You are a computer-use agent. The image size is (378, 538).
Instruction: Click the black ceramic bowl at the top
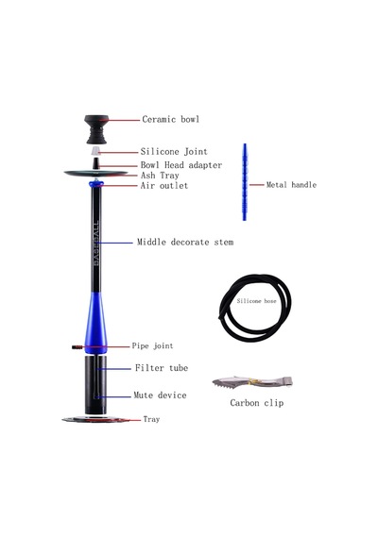point(96,129)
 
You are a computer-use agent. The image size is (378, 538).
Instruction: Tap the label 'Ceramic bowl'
point(171,120)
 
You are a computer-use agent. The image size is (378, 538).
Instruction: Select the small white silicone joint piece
point(95,151)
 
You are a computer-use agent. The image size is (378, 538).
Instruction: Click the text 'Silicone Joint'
point(174,152)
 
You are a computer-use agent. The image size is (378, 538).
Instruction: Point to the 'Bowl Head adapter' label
point(181,165)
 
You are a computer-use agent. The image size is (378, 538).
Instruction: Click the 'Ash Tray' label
point(160,176)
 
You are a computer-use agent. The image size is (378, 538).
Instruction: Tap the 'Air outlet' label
point(164,186)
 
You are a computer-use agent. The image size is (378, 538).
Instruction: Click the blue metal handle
point(245,182)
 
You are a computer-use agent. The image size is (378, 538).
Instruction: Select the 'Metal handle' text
point(291,185)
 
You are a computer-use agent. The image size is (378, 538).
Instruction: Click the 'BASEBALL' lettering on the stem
point(96,243)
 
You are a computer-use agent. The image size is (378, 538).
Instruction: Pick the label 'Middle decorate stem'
point(185,243)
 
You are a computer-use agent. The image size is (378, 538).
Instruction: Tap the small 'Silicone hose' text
point(256,301)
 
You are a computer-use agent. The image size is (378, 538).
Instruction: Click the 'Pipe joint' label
point(152,345)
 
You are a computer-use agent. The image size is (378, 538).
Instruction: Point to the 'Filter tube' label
point(162,368)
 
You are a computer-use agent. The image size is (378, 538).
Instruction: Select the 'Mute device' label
point(160,395)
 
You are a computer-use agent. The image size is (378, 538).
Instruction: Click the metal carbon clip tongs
point(252,381)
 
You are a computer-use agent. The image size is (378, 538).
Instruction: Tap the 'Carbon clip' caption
point(257,403)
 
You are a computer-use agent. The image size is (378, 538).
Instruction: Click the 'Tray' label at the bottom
point(151,419)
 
